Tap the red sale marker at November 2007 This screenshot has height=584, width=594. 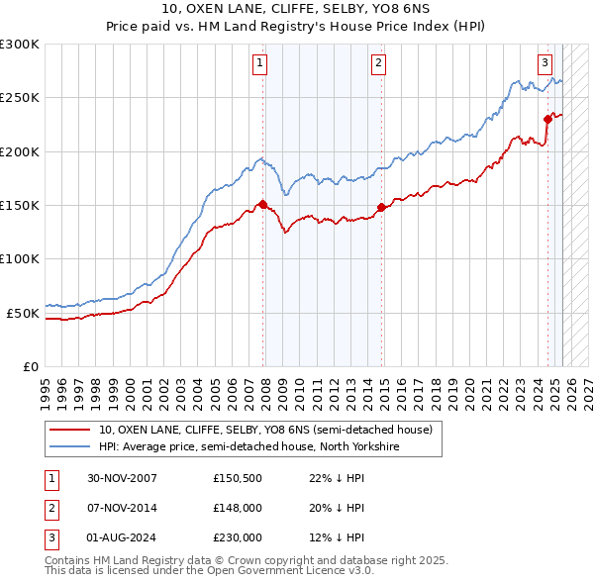pos(262,205)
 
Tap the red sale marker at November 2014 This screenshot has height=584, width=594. pos(381,207)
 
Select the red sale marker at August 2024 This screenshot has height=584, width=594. pos(547,119)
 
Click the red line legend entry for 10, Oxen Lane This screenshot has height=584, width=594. pos(265,431)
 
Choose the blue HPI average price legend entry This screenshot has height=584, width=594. pos(247,447)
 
